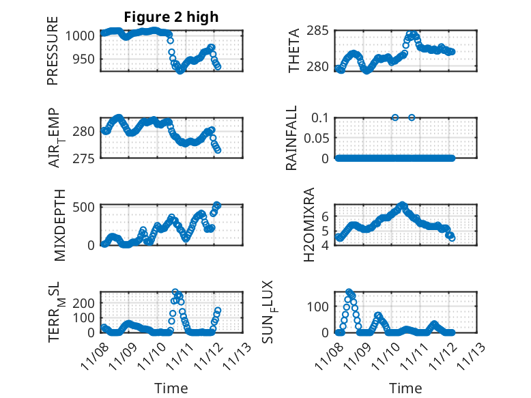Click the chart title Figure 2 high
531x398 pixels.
pyautogui.click(x=171, y=17)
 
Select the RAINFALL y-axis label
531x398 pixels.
pyautogui.click(x=291, y=138)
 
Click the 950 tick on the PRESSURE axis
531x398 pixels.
pyautogui.click(x=85, y=59)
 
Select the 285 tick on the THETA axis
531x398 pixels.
pyautogui.click(x=322, y=31)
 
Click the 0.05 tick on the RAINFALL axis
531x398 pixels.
pyautogui.click(x=318, y=138)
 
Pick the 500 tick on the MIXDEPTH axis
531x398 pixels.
pyautogui.click(x=85, y=207)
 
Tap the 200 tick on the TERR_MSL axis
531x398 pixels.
pyautogui.click(x=85, y=302)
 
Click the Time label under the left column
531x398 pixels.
pyautogui.click(x=171, y=388)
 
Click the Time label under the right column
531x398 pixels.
pyautogui.click(x=405, y=388)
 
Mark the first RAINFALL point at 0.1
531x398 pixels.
pyautogui.click(x=394, y=117)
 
